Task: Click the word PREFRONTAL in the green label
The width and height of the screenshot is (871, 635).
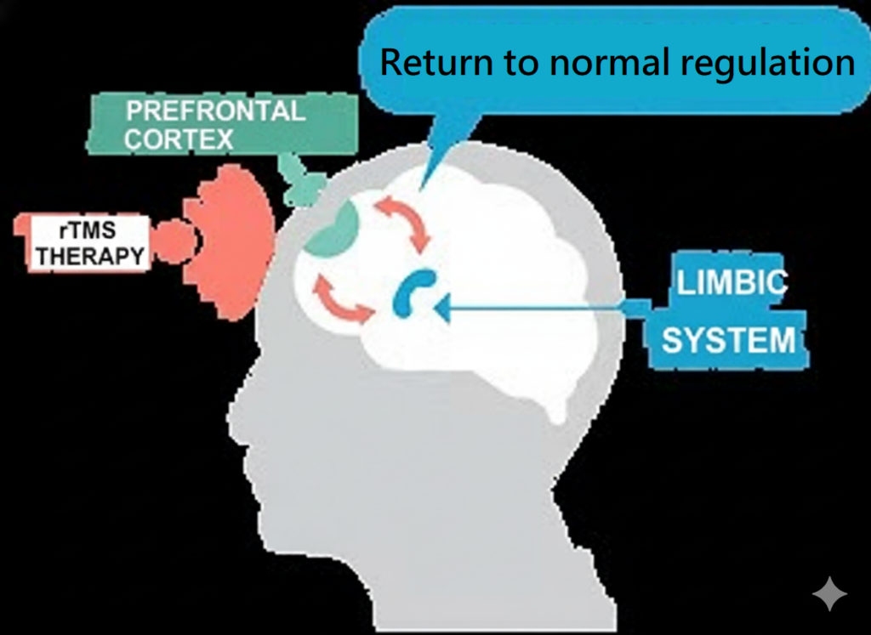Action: [215, 111]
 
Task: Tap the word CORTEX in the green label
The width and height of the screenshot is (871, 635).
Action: [179, 139]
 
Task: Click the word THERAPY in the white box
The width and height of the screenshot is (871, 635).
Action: [88, 254]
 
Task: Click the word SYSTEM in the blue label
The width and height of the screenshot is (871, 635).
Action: [728, 341]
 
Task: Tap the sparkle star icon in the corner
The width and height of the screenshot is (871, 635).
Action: [829, 593]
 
